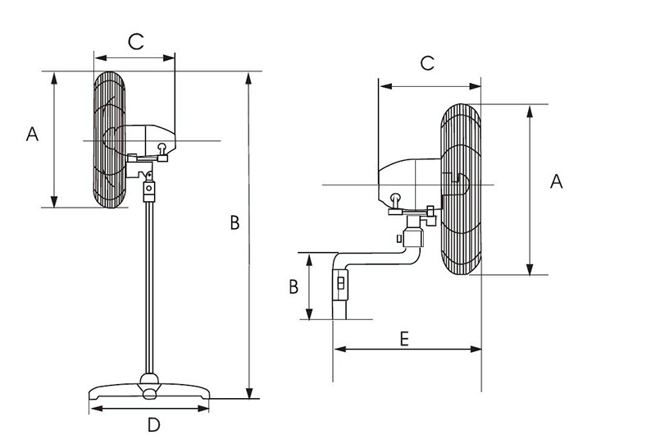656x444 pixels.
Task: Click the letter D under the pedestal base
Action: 154,425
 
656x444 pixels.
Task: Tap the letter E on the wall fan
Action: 404,339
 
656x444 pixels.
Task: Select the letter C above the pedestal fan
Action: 136,42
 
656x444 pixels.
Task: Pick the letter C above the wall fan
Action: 427,63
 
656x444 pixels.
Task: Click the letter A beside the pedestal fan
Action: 32,134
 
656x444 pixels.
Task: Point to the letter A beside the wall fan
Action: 557,181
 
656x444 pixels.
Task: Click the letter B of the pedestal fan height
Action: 235,222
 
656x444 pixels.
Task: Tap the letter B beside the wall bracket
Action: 294,287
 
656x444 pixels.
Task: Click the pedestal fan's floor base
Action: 149,391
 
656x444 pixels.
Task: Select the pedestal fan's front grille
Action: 109,140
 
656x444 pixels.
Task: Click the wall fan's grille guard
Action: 461,190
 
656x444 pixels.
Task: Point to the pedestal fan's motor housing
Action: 151,140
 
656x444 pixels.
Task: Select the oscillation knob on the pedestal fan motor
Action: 162,149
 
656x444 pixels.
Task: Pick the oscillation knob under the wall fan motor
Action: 395,200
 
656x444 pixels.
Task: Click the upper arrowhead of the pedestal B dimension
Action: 249,78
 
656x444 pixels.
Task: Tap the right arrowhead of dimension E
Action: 476,349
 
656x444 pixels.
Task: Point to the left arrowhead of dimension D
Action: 96,409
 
